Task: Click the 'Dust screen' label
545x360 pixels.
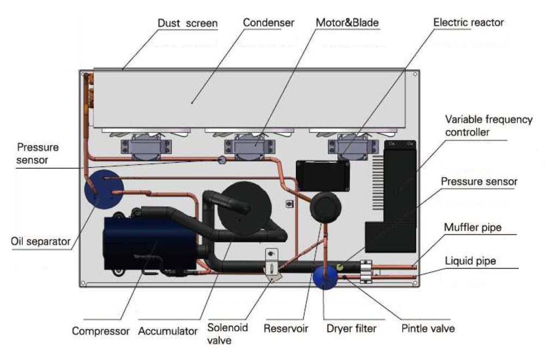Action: coord(187,23)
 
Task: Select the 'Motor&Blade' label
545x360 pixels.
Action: coord(347,23)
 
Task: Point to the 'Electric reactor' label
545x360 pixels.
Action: coord(468,23)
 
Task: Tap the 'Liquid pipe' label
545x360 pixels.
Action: coord(470,260)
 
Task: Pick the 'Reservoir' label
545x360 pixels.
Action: coord(286,328)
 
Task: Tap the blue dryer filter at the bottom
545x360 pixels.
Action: coord(325,277)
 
